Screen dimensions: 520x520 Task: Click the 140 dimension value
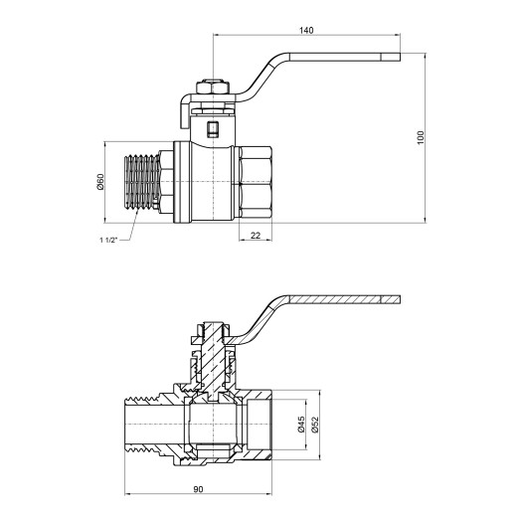(306, 31)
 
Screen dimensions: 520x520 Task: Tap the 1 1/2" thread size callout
(110, 241)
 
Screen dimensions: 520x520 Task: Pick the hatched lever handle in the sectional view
(338, 300)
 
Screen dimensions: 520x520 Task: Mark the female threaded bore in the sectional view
(263, 427)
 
